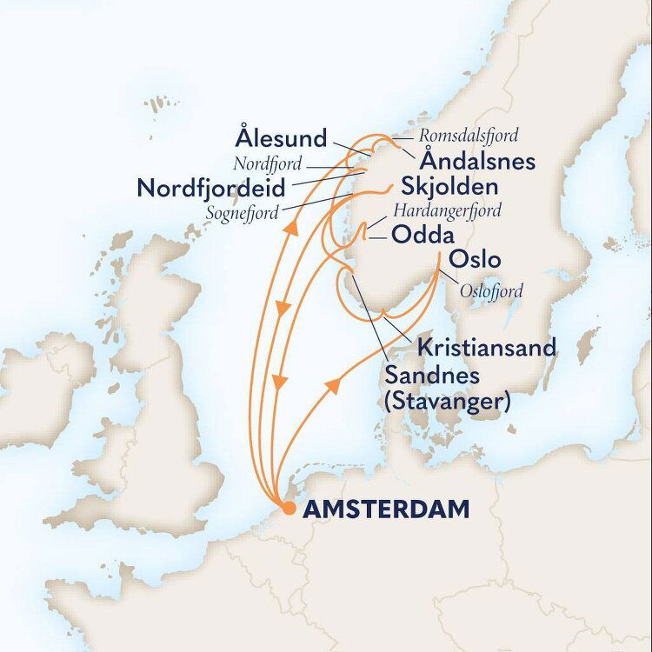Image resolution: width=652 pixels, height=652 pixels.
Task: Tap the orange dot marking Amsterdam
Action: [x=288, y=509]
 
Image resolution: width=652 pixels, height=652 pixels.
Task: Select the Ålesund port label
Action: [x=281, y=138]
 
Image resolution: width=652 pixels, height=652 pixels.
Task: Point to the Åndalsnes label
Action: [x=477, y=161]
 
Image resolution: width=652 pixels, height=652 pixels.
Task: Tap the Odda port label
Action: [x=420, y=234]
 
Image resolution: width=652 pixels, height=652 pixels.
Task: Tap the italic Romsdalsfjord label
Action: [x=469, y=136]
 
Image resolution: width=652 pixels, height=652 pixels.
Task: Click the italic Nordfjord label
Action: [x=267, y=163]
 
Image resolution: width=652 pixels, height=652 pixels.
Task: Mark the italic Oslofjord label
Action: [x=492, y=291]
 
